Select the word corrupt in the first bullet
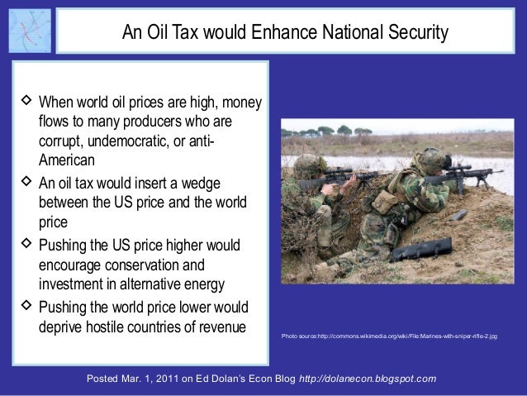pyautogui.click(x=62, y=141)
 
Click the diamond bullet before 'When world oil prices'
pyautogui.click(x=25, y=103)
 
